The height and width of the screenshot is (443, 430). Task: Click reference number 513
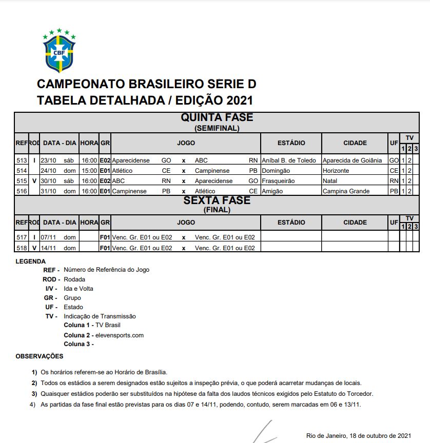22,160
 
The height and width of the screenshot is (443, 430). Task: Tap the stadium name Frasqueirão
277,181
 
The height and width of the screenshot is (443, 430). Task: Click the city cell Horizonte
336,171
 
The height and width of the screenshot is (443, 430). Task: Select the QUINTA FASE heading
217,117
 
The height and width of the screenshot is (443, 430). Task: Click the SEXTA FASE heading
217,200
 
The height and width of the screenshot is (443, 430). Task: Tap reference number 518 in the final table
22,248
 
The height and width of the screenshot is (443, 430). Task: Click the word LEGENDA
30,261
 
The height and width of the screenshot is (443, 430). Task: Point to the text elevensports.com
120,335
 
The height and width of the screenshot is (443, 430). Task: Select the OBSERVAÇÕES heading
40,356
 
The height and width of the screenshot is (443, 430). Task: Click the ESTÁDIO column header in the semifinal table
291,143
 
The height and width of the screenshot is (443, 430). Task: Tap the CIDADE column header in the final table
355,223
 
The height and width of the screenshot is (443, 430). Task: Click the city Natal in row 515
330,181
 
